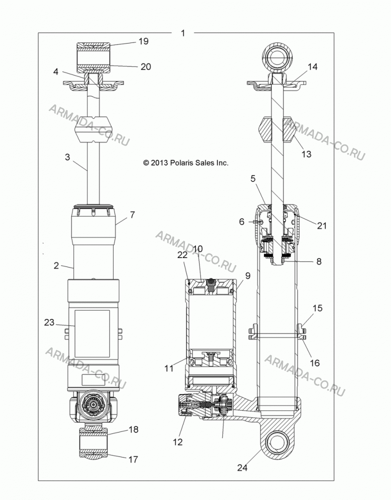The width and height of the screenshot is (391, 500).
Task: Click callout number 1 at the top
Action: click(183, 33)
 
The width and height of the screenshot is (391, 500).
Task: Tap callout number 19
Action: click(143, 41)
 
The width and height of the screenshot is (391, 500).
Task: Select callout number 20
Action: click(145, 66)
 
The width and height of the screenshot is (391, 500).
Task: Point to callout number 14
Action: click(312, 66)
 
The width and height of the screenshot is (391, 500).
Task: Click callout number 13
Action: click(306, 154)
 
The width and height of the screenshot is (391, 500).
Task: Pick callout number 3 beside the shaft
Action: click(67, 157)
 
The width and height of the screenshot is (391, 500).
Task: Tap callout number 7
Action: click(132, 214)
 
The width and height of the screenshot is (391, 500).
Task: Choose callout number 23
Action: click(49, 322)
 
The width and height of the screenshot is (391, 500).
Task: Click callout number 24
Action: click(242, 467)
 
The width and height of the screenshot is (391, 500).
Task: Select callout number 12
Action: click(177, 442)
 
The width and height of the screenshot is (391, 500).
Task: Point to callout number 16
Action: click(315, 363)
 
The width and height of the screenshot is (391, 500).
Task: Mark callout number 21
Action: click(322, 225)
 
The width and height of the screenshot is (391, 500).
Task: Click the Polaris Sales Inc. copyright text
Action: click(186, 163)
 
